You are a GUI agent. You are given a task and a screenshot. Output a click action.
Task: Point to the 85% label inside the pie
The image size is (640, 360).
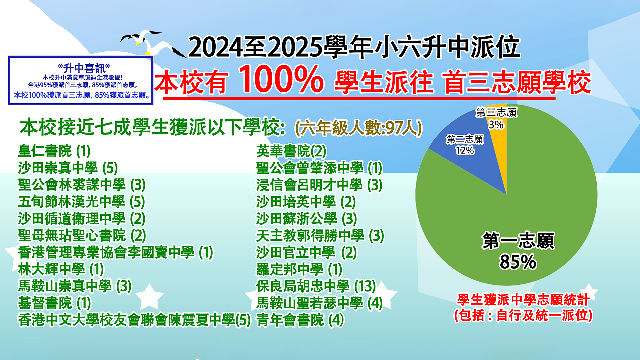pos(518,262)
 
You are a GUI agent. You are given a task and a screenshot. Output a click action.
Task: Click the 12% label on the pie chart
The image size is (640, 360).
pos(465,151)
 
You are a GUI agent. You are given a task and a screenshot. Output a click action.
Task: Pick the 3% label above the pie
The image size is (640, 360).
pos(496,125)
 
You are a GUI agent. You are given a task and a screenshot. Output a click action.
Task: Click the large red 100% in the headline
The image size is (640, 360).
pos(281,79)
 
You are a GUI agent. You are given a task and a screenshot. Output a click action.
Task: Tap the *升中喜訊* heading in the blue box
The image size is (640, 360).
pos(84,68)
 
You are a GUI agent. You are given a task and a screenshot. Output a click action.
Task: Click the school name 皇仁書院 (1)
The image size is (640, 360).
pos(54,151)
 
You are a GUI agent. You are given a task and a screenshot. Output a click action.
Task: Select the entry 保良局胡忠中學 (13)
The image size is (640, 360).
pos(316,286)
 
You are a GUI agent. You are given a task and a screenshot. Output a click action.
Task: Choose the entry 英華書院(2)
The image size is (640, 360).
pos(291,151)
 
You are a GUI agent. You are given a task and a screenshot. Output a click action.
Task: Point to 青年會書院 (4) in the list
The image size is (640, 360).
pos(300,320)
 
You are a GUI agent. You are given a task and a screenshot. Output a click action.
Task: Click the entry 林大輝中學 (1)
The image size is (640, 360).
pos(61,269)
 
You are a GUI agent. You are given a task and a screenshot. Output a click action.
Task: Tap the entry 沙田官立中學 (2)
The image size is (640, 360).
pos(306,252)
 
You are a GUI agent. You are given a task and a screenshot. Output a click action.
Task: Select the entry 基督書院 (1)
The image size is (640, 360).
pos(55,303)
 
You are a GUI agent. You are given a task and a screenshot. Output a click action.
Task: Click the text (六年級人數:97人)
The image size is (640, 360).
pos(359,128)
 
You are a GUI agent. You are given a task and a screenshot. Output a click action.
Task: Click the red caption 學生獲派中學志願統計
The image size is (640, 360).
pos(523,300)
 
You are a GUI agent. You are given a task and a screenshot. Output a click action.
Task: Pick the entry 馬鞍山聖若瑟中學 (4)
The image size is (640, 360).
pos(319,303)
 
